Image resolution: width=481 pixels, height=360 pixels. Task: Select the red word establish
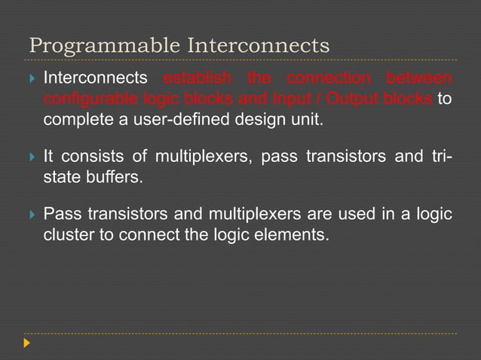click(195, 78)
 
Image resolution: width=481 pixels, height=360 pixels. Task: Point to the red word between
click(419, 78)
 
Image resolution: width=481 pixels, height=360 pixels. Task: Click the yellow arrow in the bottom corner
click(28, 343)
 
